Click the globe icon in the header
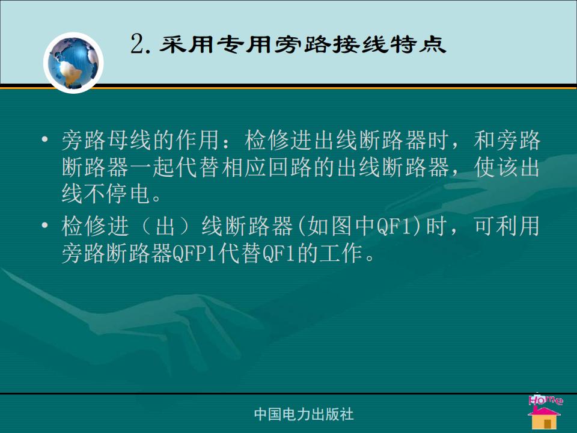click(73, 63)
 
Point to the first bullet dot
click(45, 140)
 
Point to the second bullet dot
click(45, 225)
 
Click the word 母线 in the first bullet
click(130, 140)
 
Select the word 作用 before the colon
click(198, 140)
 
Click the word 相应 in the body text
click(244, 167)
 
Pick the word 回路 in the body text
click(290, 167)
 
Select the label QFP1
click(194, 253)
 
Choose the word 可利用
click(507, 226)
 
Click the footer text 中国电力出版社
click(304, 414)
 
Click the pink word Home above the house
click(545, 400)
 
